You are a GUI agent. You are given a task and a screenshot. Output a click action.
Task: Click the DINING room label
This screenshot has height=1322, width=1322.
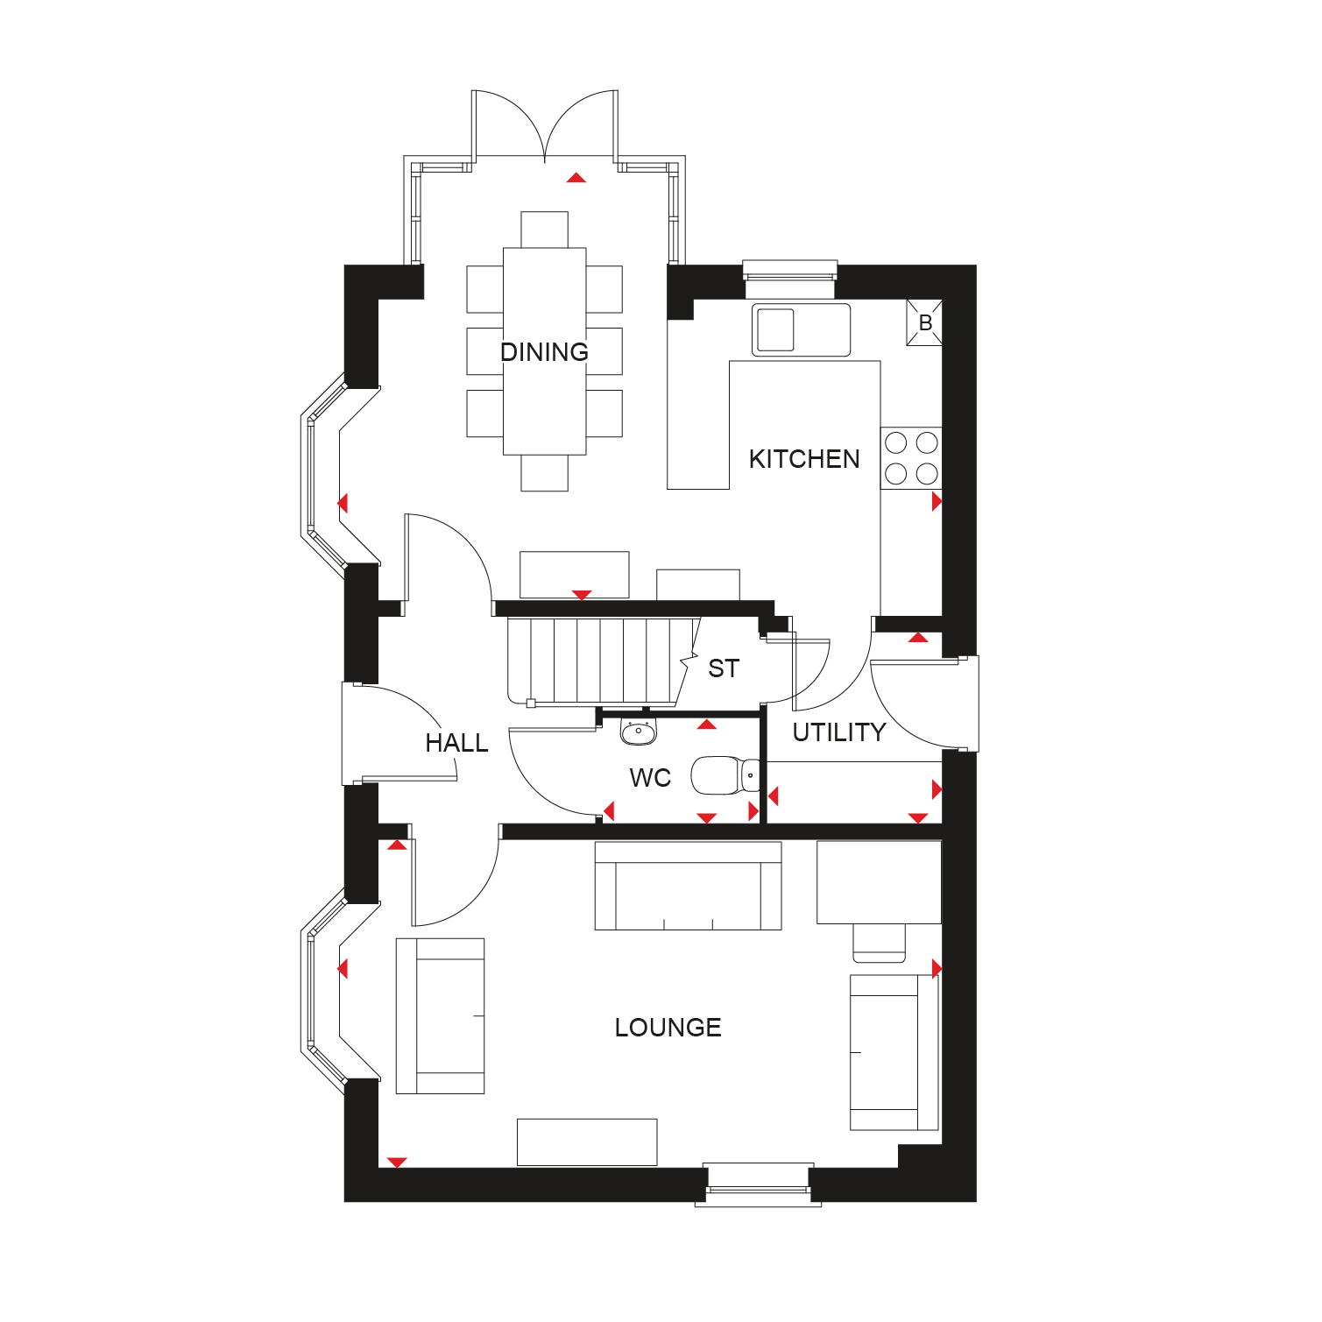point(544,352)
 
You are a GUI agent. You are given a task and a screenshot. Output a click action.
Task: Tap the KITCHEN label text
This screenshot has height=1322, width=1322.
point(804,459)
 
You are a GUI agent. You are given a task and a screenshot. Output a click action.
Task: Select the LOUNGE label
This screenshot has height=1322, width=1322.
point(668,1028)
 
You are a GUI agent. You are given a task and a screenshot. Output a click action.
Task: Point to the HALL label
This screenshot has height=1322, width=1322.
point(456,743)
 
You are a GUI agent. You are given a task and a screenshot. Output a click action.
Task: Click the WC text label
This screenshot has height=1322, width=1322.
point(650,778)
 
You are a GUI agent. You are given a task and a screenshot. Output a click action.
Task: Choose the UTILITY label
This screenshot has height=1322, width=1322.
point(839,732)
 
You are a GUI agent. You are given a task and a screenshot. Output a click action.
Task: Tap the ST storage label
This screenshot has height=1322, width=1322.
point(724,668)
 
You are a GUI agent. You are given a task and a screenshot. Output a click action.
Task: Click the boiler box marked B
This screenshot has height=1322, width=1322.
point(924,322)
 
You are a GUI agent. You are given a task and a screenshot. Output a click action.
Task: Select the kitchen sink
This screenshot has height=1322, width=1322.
point(801,329)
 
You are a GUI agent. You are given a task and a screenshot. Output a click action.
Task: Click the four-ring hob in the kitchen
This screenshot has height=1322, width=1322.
point(911,458)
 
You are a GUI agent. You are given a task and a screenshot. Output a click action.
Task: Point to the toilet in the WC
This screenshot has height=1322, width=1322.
point(726,776)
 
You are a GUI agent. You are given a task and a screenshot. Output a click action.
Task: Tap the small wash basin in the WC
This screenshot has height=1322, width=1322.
point(639,731)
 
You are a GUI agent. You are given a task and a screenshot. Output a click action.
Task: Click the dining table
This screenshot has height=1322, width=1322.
point(544,351)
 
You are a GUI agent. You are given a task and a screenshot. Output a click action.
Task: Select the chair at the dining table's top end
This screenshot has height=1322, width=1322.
point(544,230)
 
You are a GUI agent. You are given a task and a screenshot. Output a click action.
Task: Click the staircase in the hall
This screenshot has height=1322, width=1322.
point(604,661)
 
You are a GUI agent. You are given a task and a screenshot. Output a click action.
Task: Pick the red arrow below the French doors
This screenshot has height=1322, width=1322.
point(576,178)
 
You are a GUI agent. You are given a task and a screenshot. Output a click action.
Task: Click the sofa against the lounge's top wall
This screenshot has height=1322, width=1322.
point(688,886)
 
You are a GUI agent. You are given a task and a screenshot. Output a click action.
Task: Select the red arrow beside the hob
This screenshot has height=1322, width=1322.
point(937,502)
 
